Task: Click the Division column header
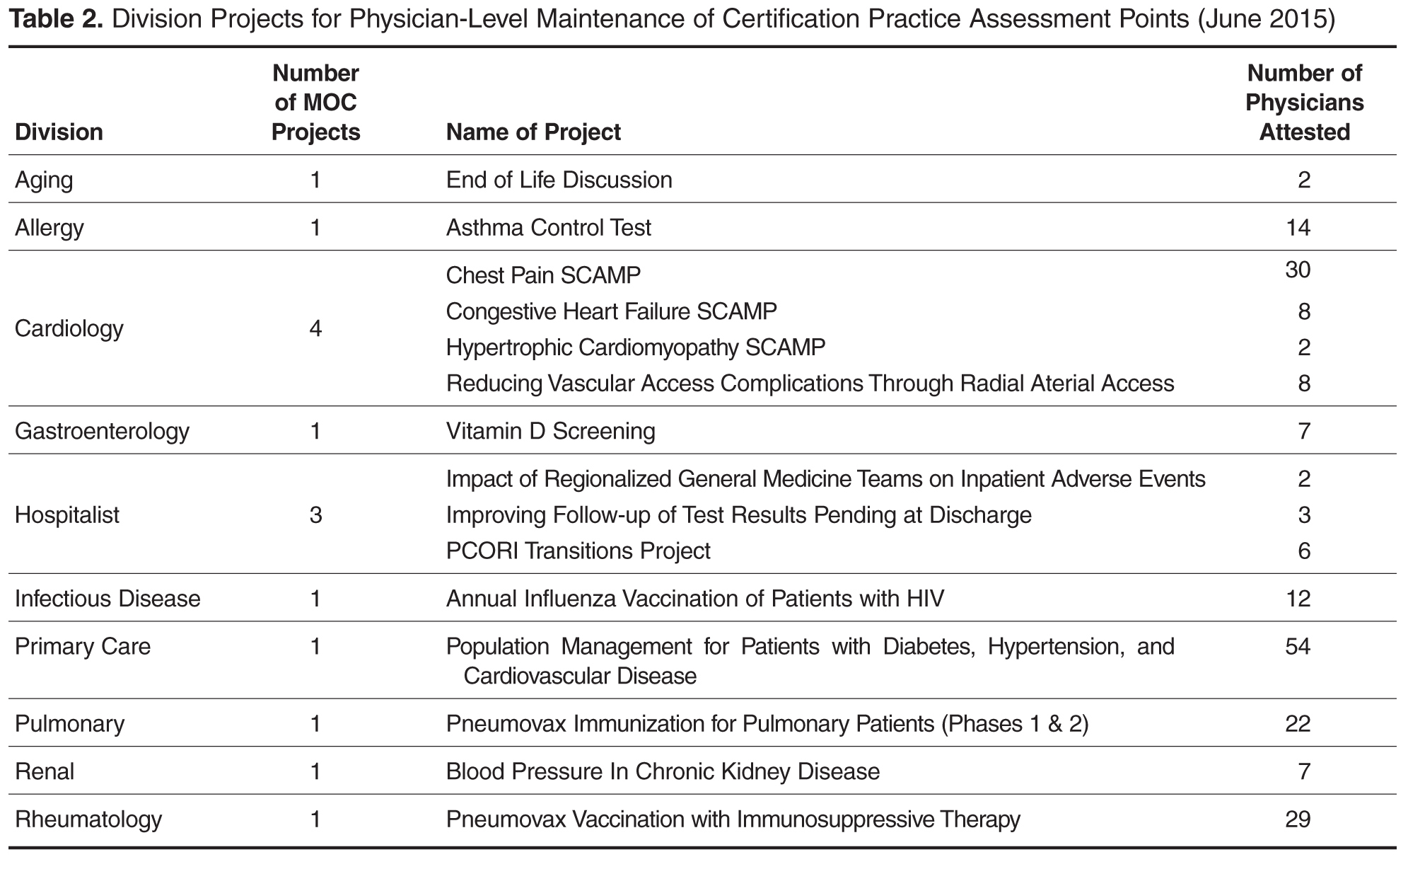pyautogui.click(x=59, y=132)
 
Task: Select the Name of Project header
pyautogui.click(x=533, y=132)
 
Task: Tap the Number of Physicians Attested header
pyautogui.click(x=1304, y=103)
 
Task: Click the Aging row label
pyautogui.click(x=44, y=180)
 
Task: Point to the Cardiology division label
pyautogui.click(x=69, y=328)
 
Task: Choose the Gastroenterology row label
pyautogui.click(x=102, y=431)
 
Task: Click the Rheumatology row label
pyautogui.click(x=88, y=819)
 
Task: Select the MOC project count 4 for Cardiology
pyautogui.click(x=315, y=328)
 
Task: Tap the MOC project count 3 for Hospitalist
pyautogui.click(x=315, y=514)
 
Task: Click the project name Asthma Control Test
pyautogui.click(x=548, y=227)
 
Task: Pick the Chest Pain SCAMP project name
pyautogui.click(x=543, y=275)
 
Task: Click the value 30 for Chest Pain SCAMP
pyautogui.click(x=1298, y=270)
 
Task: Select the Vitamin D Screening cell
pyautogui.click(x=550, y=431)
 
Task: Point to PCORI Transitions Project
pyautogui.click(x=578, y=551)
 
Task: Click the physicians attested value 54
pyautogui.click(x=1298, y=646)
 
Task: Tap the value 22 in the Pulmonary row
pyautogui.click(x=1298, y=723)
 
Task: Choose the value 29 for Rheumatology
pyautogui.click(x=1298, y=819)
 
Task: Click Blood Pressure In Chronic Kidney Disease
pyautogui.click(x=663, y=771)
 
